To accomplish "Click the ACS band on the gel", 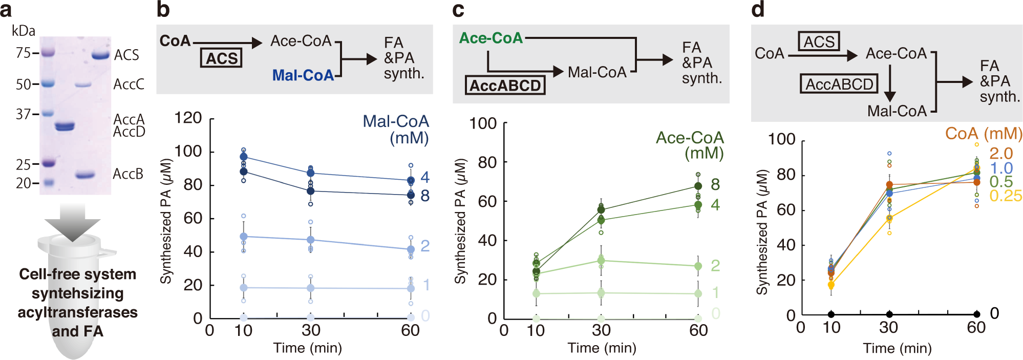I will (x=101, y=55).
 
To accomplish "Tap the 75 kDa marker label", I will (x=23, y=53).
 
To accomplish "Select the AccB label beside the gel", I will (x=128, y=174).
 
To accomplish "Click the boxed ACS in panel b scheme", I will (x=221, y=58).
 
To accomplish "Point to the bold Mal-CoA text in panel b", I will (x=303, y=75).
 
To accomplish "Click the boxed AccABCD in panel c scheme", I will (x=505, y=85).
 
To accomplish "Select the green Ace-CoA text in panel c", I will (x=491, y=38).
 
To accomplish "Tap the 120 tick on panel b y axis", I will (x=188, y=118).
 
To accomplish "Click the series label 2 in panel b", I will (x=424, y=246).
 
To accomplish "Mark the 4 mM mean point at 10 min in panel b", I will (x=244, y=157).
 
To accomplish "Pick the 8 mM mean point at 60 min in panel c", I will (x=698, y=186).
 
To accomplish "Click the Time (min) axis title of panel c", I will (x=602, y=348).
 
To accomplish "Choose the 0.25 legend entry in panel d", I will (x=1005, y=196).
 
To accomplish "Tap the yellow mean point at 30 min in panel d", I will (x=889, y=218).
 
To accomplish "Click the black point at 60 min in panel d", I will (x=977, y=314).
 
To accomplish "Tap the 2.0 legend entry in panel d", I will (x=1000, y=153).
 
